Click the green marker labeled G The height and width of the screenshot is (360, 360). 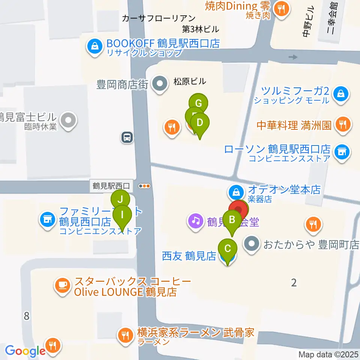coord(198,103)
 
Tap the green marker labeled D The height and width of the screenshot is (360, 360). coord(200,123)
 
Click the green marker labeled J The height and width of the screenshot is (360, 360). coord(120,199)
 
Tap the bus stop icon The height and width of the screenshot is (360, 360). coord(127,137)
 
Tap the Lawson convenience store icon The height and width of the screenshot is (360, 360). coord(341,152)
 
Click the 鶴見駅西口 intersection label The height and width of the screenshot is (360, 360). coord(111,186)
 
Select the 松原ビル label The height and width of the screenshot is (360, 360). coord(190,81)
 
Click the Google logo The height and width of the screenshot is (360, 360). coord(25,351)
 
